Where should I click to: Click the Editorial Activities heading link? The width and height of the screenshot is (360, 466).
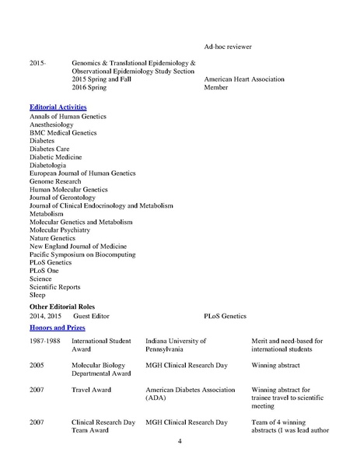(x=58, y=106)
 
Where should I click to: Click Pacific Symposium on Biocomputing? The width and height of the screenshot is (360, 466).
(x=82, y=254)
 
